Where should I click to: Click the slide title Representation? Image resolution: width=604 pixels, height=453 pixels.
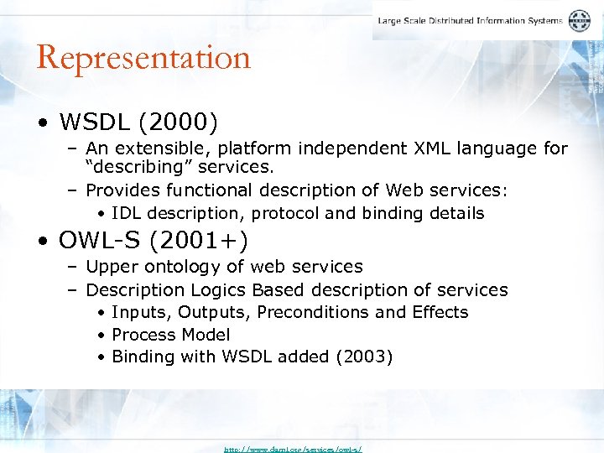point(143,58)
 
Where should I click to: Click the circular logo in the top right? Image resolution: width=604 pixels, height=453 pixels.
point(580,21)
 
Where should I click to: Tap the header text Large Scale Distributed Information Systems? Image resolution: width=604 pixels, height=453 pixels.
point(470,21)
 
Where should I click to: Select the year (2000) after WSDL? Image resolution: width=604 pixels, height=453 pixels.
point(178,123)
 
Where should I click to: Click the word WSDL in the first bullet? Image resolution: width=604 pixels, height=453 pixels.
point(94,123)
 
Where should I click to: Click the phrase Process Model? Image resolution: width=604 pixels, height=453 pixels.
point(170,335)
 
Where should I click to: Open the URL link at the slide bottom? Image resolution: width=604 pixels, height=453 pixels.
point(292,449)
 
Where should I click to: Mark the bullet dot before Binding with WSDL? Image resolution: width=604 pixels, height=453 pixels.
point(101,357)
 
